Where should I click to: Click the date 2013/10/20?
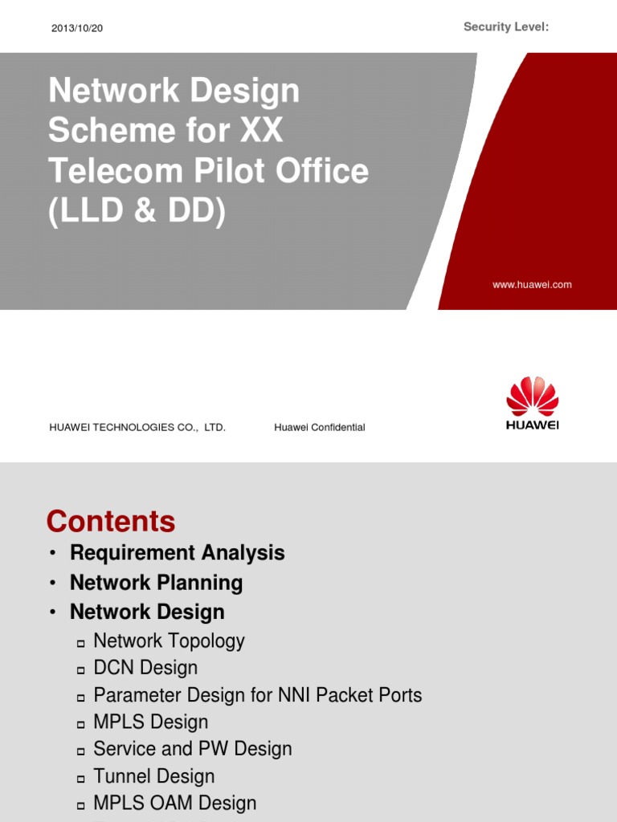[77, 28]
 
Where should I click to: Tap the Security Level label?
[506, 27]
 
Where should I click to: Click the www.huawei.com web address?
[532, 285]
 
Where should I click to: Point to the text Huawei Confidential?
[319, 428]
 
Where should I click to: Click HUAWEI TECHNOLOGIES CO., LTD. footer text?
[137, 428]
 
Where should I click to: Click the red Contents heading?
[111, 522]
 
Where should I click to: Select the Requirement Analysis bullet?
[177, 553]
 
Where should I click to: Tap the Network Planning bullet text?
[156, 583]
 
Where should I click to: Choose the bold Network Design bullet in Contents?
[147, 612]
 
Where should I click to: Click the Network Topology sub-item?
[169, 641]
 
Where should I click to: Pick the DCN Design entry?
[145, 668]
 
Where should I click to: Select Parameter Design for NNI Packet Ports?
[257, 695]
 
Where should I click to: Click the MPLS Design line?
[151, 722]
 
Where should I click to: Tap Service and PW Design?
[192, 749]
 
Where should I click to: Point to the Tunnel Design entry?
[154, 776]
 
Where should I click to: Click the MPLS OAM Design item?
[175, 804]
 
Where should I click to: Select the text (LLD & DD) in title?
[137, 212]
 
